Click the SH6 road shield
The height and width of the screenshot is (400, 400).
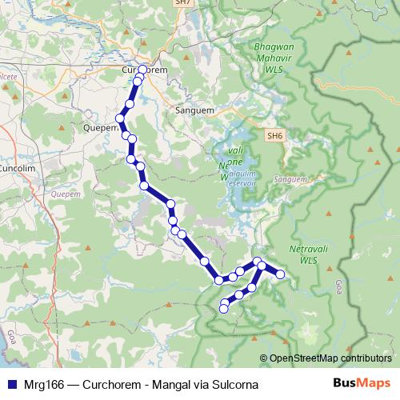click(x=275, y=136)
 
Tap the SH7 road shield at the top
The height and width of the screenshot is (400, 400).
click(x=183, y=3)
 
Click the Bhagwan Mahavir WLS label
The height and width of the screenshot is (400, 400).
click(x=274, y=58)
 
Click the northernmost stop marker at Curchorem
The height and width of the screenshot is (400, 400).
click(x=143, y=70)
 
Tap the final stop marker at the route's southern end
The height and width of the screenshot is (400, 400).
click(x=224, y=307)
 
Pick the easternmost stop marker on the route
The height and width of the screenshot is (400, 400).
click(x=281, y=275)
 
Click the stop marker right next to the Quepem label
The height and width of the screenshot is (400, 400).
click(x=121, y=118)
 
